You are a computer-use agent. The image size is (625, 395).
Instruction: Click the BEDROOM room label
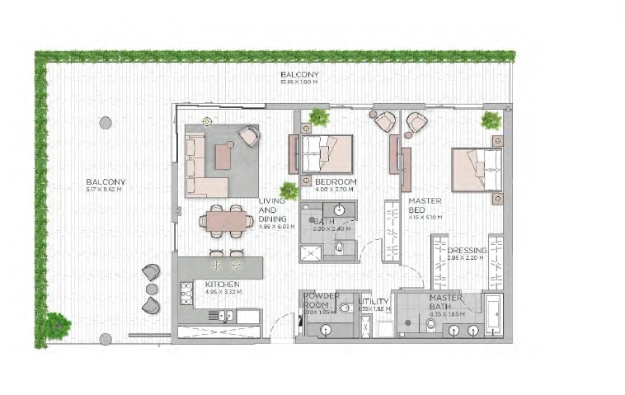[x=335, y=181]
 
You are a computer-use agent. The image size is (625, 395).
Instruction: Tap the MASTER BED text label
[x=425, y=205]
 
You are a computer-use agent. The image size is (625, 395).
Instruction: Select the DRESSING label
[x=468, y=250]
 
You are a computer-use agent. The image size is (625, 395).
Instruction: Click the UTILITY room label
[x=374, y=302]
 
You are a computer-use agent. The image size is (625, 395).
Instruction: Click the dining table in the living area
[x=226, y=221]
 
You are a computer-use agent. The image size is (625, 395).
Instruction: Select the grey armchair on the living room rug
[x=248, y=136]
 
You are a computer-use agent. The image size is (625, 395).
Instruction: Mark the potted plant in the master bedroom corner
[x=491, y=120]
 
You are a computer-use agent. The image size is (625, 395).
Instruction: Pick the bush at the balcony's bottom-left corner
[x=56, y=326]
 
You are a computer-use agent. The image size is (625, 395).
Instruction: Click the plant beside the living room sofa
[x=289, y=191]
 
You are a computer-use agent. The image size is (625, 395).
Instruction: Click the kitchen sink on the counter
[x=223, y=315]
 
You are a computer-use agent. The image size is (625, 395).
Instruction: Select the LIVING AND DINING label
[x=271, y=209]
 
